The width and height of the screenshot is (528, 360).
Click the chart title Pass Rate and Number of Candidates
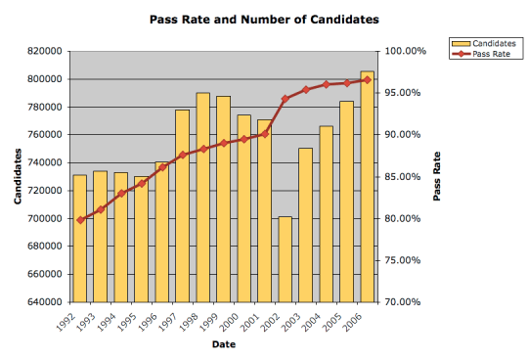pyautogui.click(x=264, y=19)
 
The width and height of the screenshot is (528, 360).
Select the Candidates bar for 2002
pyautogui.click(x=285, y=258)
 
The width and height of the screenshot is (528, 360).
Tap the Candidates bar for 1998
pyautogui.click(x=202, y=197)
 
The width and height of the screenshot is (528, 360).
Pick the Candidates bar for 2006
pyautogui.click(x=367, y=186)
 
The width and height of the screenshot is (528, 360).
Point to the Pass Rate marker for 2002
pyautogui.click(x=285, y=99)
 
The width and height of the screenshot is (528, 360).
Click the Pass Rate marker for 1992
pyautogui.click(x=79, y=219)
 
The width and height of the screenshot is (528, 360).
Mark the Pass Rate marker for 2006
pyautogui.click(x=367, y=79)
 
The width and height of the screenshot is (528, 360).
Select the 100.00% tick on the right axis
pyautogui.click(x=405, y=51)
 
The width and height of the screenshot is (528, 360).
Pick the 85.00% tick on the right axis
pyautogui.click(x=403, y=176)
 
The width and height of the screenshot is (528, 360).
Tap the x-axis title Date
pyautogui.click(x=223, y=343)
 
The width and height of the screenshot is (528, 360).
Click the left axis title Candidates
pyautogui.click(x=18, y=176)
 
